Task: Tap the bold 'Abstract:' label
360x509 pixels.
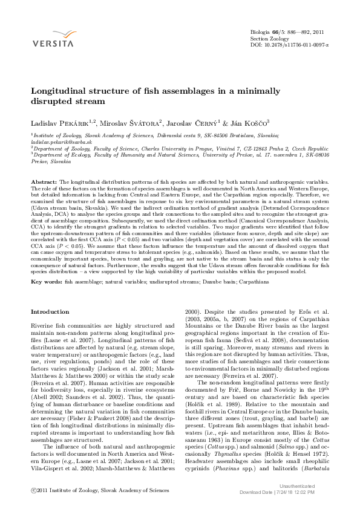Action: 44,181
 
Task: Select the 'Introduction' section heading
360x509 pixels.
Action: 50,311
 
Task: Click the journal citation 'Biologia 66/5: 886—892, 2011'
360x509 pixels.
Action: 287,31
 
